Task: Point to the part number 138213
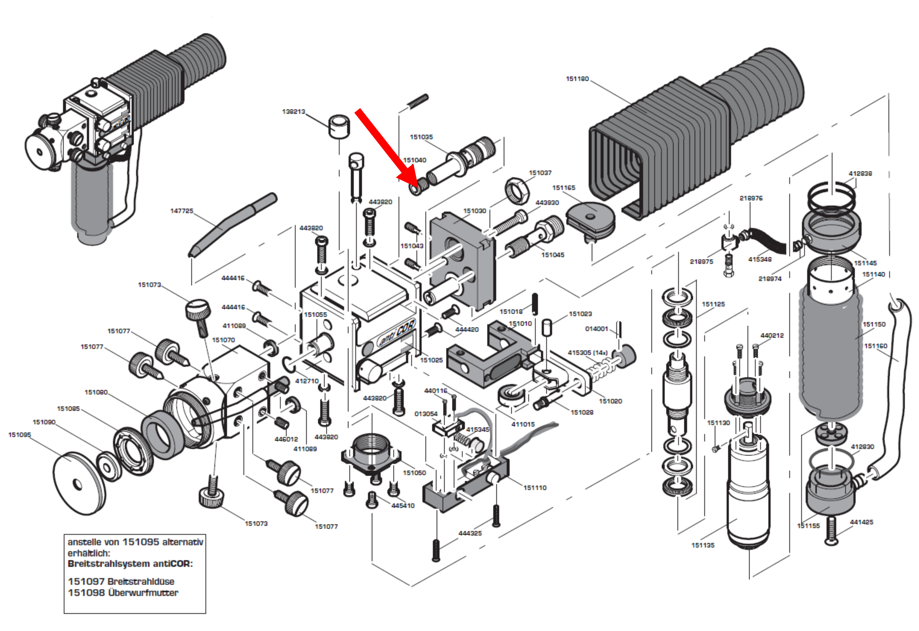click(x=293, y=112)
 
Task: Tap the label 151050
click(x=414, y=473)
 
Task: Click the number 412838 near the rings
click(x=860, y=173)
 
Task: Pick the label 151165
click(x=564, y=188)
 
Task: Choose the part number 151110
click(x=535, y=488)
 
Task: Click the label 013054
click(x=426, y=414)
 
